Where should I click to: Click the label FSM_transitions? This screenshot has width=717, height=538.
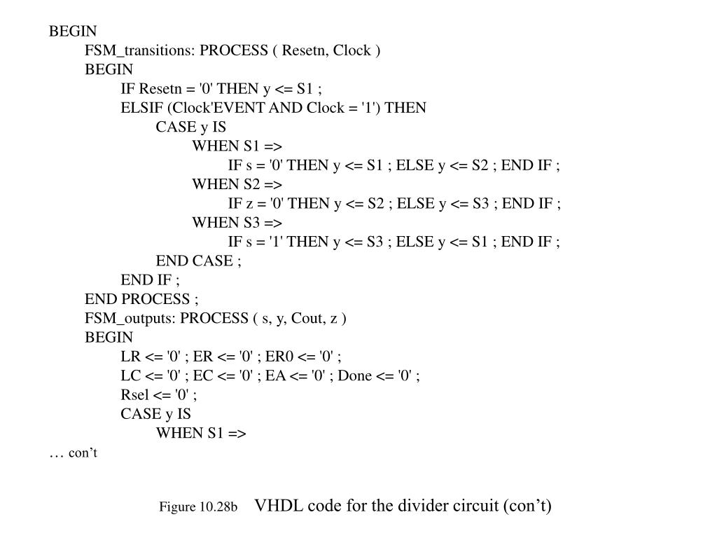[x=140, y=51]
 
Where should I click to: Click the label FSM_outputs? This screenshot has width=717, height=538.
[x=131, y=319]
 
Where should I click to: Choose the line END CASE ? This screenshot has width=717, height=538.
[x=199, y=261]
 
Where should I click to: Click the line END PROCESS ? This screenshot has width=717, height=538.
[x=142, y=300]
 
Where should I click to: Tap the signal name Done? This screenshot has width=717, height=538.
[x=355, y=375]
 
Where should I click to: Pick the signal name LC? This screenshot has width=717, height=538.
[x=130, y=375]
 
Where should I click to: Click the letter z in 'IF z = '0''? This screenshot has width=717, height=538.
[x=242, y=204]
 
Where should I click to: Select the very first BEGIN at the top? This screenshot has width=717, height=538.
[x=73, y=32]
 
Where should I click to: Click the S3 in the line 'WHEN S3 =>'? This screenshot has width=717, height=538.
[x=252, y=223]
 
